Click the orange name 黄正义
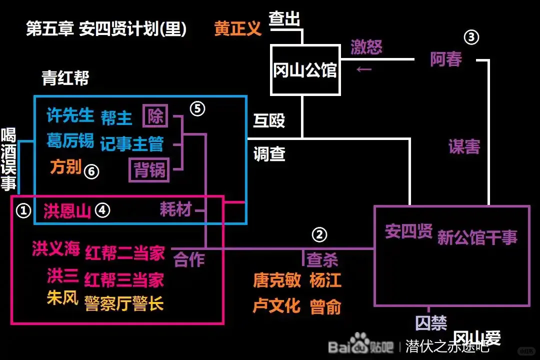tap(238, 28)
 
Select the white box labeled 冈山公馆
tap(305, 70)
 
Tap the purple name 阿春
tap(446, 59)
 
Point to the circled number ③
tap(471, 37)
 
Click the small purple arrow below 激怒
tap(363, 68)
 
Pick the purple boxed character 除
tap(155, 116)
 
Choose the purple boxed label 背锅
tap(149, 170)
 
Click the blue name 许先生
tap(70, 116)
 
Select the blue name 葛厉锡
tap(70, 140)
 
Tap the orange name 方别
tap(65, 166)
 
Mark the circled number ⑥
tap(91, 171)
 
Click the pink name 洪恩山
tap(67, 211)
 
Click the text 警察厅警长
tap(124, 303)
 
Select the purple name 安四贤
tap(408, 232)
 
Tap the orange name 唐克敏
tap(277, 280)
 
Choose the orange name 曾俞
tap(325, 306)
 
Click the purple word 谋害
tap(464, 146)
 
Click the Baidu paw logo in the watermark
tap(359, 343)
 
